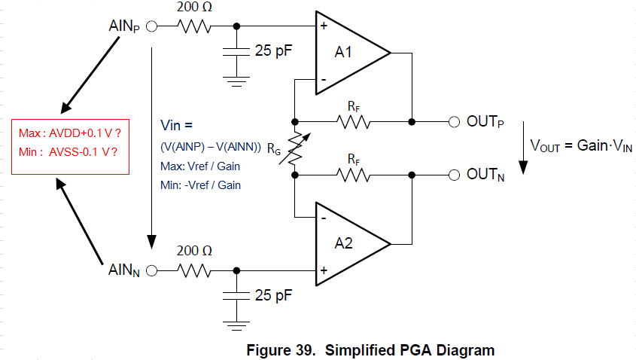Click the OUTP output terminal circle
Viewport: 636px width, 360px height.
point(453,121)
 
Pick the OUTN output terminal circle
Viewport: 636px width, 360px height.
point(453,175)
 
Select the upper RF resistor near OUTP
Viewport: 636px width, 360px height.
point(354,121)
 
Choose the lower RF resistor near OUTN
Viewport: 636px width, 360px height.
point(354,175)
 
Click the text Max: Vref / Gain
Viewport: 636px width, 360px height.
point(200,166)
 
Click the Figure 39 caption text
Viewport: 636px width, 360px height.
point(371,350)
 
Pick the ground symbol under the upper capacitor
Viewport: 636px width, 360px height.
point(237,79)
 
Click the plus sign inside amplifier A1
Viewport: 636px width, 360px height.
point(324,26)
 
